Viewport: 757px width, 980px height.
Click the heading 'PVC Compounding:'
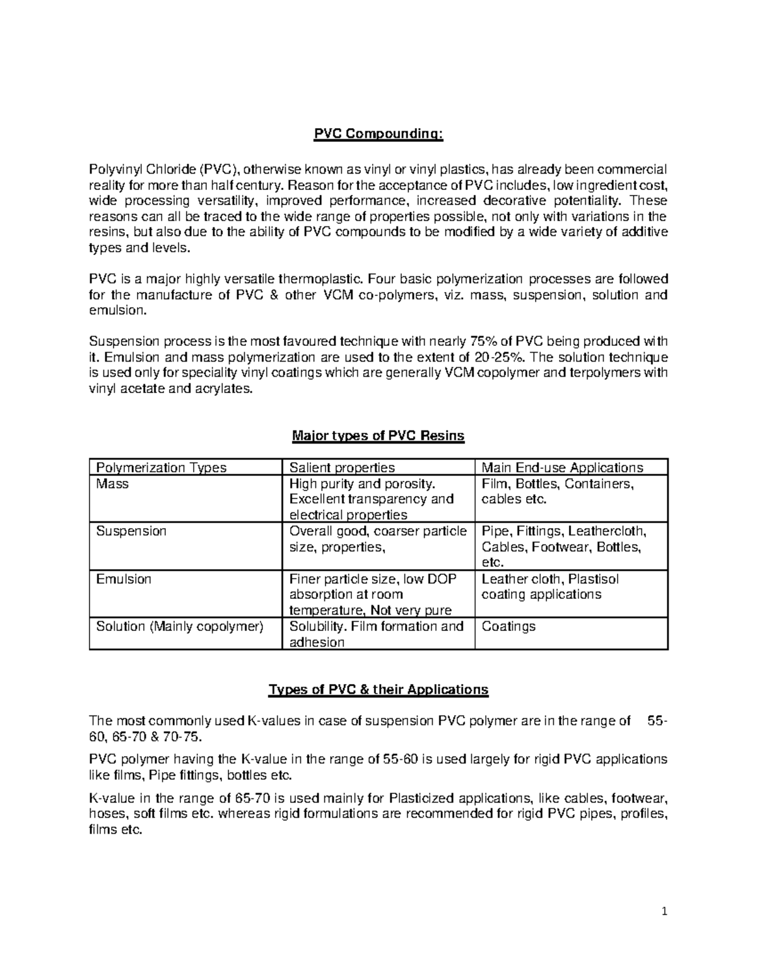pyautogui.click(x=378, y=134)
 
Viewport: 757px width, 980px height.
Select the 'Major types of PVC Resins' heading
pyautogui.click(x=378, y=435)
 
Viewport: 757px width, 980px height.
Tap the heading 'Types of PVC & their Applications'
pyautogui.click(x=378, y=689)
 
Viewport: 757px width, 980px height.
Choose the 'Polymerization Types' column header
pyautogui.click(x=161, y=468)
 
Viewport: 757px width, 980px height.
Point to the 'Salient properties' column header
pyautogui.click(x=341, y=468)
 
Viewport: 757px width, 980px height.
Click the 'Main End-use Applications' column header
pyautogui.click(x=562, y=468)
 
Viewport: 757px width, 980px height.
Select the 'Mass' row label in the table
pyautogui.click(x=112, y=484)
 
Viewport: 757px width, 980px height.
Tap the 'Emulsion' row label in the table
pyautogui.click(x=124, y=579)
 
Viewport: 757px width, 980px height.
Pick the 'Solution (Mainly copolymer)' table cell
pyautogui.click(x=179, y=627)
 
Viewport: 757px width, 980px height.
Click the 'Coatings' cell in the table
pyautogui.click(x=508, y=627)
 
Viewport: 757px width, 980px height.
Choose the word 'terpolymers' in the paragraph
pyautogui.click(x=605, y=373)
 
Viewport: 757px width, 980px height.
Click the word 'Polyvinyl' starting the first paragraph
pyautogui.click(x=115, y=169)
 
